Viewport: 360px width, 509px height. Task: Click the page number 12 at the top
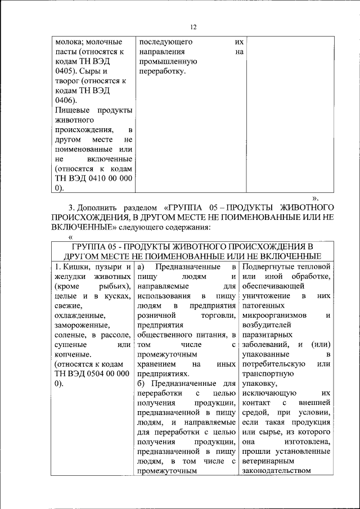tap(193, 27)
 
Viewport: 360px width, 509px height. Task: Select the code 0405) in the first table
tap(66, 71)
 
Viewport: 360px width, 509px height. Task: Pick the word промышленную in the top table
tap(166, 62)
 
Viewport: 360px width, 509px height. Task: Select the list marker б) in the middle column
tap(142, 384)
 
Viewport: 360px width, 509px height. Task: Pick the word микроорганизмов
tap(274, 316)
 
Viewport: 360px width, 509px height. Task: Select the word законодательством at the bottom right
tap(275, 471)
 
